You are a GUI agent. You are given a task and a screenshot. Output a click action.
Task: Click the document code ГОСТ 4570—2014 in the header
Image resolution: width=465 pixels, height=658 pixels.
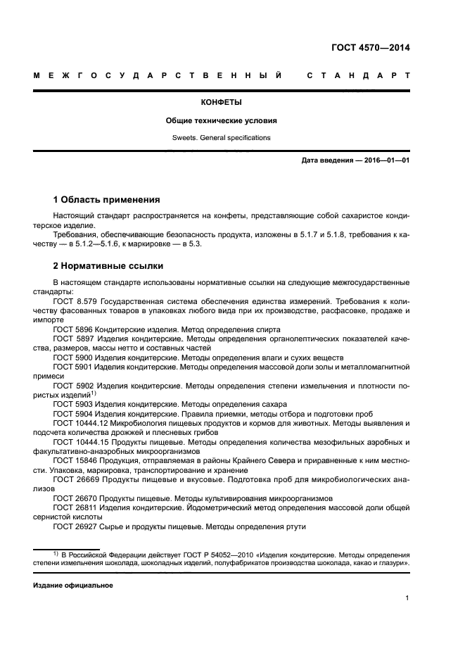[370, 49]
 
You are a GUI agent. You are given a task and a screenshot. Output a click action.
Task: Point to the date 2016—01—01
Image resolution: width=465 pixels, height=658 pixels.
[386, 160]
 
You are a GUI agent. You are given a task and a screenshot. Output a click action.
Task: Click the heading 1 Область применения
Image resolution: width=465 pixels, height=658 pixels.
[107, 199]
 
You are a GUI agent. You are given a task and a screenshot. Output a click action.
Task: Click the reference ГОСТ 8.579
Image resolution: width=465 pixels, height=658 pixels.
[74, 300]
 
